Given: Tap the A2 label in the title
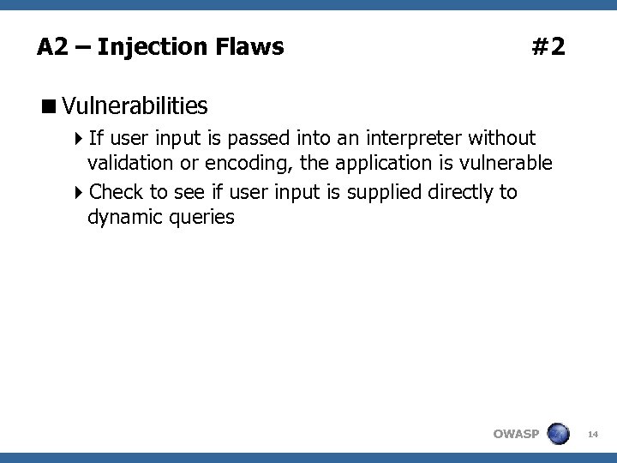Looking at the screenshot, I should coord(52,46).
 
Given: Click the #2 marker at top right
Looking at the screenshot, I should coord(548,46).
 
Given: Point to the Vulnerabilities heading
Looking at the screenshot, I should coord(135,106).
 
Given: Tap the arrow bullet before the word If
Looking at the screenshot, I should coord(80,138).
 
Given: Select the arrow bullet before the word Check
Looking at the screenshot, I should coord(80,192).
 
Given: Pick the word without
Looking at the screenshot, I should coord(502,137).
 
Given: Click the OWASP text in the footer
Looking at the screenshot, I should coord(516,434).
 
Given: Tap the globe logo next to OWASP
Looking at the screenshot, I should coord(558,434).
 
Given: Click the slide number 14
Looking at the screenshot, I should coord(592,436).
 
